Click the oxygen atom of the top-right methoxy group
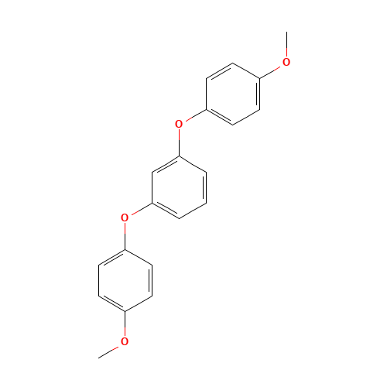pos(286,62)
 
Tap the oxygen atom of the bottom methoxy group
pos(125,341)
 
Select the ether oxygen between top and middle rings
pos(179,124)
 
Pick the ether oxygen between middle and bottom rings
pos(125,217)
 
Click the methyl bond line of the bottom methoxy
pos(110,350)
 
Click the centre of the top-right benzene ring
pos(233,94)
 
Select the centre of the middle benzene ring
pos(179,187)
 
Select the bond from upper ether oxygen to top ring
pos(193,116)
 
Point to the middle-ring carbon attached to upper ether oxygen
pos(179,156)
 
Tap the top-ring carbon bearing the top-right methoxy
pos(259,77)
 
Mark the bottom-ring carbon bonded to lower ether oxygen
pos(125,248)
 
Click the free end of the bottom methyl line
pos(99,357)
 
